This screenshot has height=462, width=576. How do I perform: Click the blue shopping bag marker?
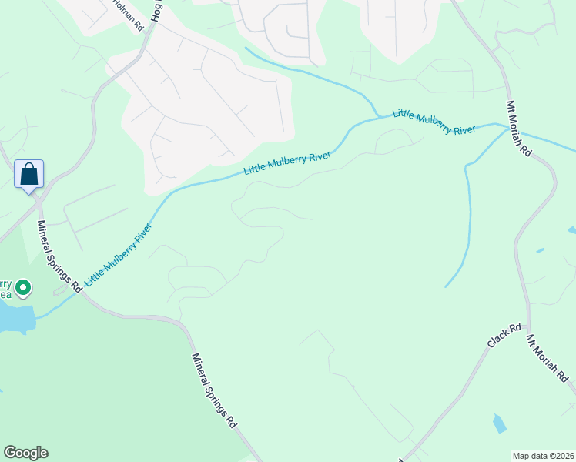pyautogui.click(x=29, y=174)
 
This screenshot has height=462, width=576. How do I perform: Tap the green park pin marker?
pyautogui.click(x=23, y=289)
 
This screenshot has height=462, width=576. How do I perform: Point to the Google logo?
pyautogui.click(x=25, y=453)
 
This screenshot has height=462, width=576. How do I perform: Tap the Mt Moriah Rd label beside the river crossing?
pyautogui.click(x=519, y=129)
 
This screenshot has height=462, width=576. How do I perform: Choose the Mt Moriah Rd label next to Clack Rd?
pyautogui.click(x=548, y=359)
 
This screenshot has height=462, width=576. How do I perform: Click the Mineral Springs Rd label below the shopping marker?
pyautogui.click(x=59, y=256)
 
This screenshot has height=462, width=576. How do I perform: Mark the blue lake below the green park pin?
pyautogui.click(x=17, y=316)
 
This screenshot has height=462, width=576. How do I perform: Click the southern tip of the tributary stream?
pyautogui.click(x=446, y=286)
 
